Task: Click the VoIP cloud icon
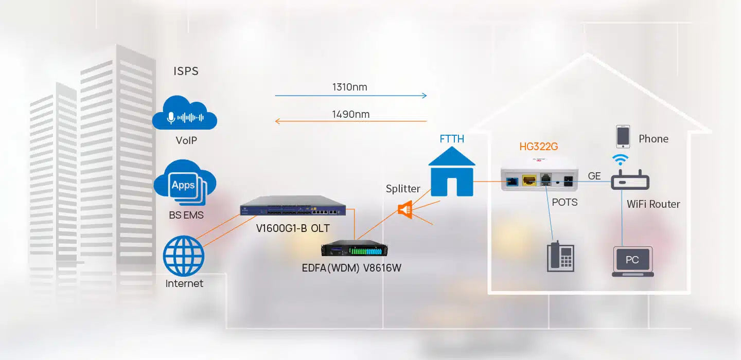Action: (x=185, y=114)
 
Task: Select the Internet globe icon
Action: (x=184, y=256)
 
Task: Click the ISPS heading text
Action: (x=186, y=71)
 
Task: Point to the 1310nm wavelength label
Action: (x=349, y=87)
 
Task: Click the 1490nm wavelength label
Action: (x=351, y=114)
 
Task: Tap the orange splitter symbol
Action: (x=405, y=209)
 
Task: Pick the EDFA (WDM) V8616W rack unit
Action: (x=354, y=248)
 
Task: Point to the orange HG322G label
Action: (x=538, y=147)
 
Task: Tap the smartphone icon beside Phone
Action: (x=623, y=136)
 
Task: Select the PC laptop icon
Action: (x=632, y=261)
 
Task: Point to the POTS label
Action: (x=564, y=202)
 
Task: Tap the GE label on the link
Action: (x=594, y=176)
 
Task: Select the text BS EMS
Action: (x=186, y=215)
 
